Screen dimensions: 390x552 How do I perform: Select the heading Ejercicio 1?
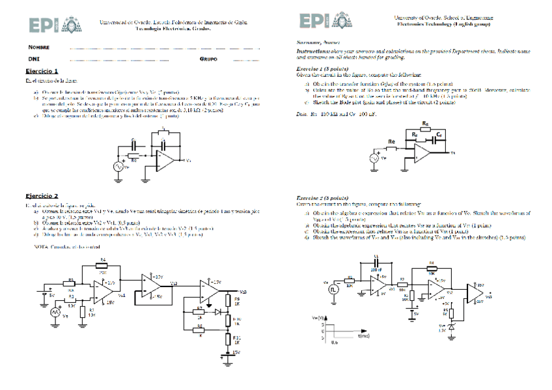pos(42,70)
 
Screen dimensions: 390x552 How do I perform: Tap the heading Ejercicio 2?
pos(42,195)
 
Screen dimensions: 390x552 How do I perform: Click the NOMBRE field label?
pos(38,48)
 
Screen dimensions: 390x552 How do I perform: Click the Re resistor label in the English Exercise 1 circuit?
pos(391,141)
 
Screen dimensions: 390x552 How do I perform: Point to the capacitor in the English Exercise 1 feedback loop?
pos(430,138)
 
